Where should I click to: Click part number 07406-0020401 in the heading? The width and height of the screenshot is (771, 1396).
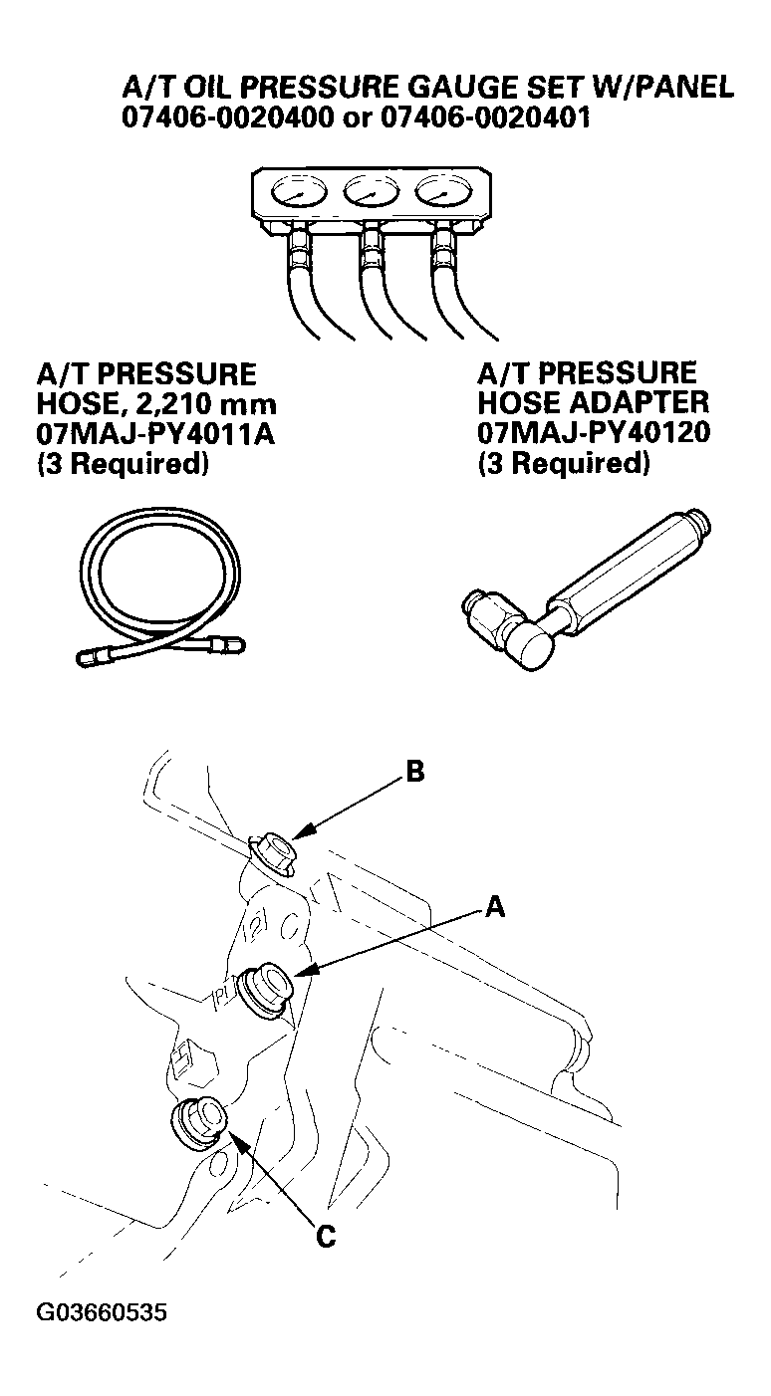coord(485,117)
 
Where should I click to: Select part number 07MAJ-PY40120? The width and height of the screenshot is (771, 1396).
coord(594,432)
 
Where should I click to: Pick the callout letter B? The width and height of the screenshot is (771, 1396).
coord(414,772)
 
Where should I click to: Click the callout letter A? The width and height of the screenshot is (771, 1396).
coord(495,907)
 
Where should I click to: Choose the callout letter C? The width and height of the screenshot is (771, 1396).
coord(326,1236)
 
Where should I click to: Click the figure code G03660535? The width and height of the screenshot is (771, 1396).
coord(102,1313)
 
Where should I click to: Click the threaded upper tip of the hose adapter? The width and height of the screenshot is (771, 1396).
coord(698,526)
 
